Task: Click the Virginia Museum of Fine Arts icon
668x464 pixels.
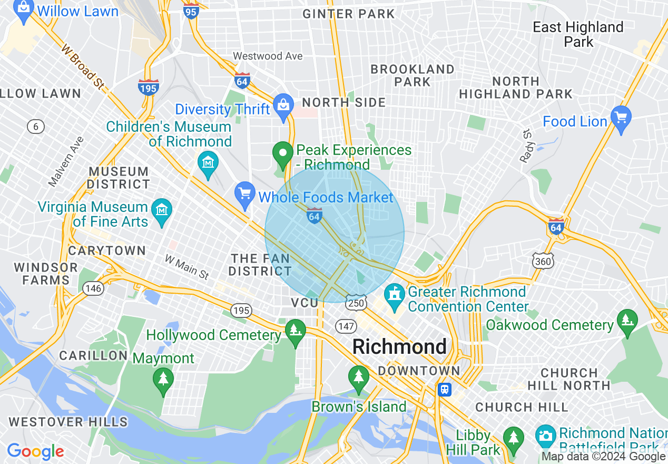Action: click(x=162, y=210)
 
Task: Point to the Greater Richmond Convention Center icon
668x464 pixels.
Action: click(x=394, y=294)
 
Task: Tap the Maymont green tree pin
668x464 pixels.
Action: click(x=163, y=379)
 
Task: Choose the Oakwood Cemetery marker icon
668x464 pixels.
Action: click(x=627, y=320)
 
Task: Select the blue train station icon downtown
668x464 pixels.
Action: click(x=445, y=390)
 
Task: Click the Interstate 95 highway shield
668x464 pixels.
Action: click(x=191, y=11)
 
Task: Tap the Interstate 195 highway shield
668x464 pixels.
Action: click(x=149, y=88)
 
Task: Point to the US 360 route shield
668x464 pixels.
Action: click(x=543, y=261)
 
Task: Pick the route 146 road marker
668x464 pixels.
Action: click(x=93, y=288)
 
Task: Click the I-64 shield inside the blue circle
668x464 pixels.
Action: click(x=315, y=216)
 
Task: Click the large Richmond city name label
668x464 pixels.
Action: click(x=399, y=347)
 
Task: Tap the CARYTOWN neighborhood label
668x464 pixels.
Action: click(x=107, y=250)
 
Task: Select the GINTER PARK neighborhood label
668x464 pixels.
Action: click(x=348, y=14)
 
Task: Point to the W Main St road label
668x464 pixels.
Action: click(x=186, y=267)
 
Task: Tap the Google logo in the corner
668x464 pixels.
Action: click(x=35, y=451)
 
